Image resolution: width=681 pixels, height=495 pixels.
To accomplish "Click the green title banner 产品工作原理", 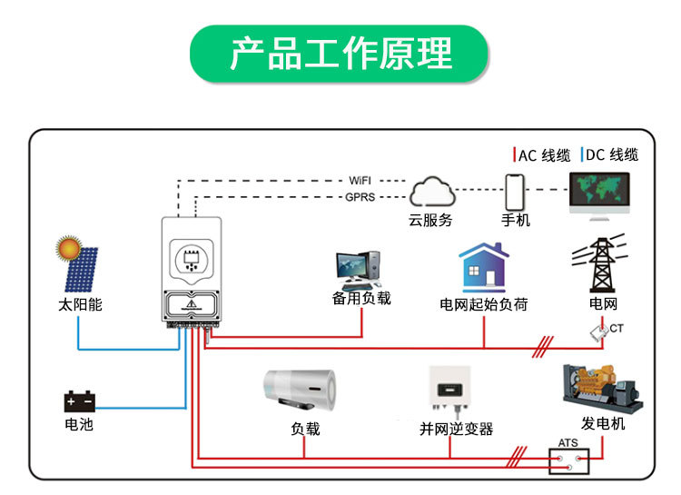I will click(x=340, y=54).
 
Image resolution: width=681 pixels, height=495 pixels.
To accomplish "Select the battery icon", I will click(x=79, y=401).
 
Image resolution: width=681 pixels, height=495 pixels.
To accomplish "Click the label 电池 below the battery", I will click(x=79, y=424).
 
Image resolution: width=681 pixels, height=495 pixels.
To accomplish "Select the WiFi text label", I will click(x=360, y=181).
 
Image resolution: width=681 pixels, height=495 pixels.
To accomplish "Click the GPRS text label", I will click(x=360, y=197).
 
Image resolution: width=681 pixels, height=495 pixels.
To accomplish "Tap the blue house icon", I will click(x=483, y=267).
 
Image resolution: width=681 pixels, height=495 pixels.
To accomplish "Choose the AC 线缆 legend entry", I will click(x=541, y=154).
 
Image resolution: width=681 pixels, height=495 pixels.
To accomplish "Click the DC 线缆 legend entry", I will click(x=609, y=154).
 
